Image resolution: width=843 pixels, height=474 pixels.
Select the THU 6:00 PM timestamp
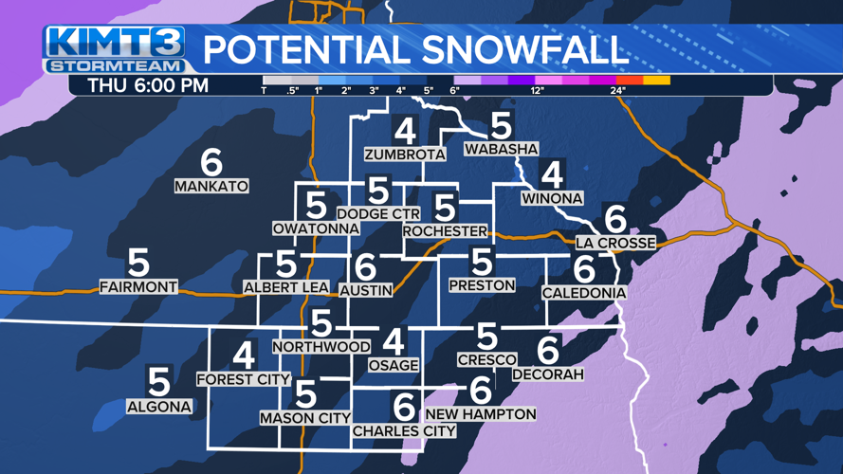[x=148, y=85]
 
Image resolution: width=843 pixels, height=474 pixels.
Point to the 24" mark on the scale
[x=617, y=91]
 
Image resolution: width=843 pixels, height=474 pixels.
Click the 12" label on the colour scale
[x=537, y=91]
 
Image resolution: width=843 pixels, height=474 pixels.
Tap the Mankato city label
[x=211, y=187]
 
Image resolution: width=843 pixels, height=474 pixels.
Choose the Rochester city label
[x=445, y=230]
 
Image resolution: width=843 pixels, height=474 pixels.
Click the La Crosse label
[x=615, y=243]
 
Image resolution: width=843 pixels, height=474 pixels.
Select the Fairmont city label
[x=138, y=286]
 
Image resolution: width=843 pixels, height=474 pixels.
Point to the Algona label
[x=159, y=407]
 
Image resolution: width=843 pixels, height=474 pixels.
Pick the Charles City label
[x=404, y=431]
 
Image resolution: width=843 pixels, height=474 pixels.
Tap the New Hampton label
[x=481, y=414]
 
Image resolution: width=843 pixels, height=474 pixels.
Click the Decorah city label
[x=548, y=374]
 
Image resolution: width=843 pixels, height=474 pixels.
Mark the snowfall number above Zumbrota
[x=405, y=131]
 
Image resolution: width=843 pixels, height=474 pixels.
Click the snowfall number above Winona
[x=552, y=174]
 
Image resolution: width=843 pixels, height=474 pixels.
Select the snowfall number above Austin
[x=365, y=268]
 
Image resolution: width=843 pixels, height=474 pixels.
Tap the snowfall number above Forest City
[x=244, y=356]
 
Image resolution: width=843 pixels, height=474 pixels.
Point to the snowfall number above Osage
[x=393, y=342]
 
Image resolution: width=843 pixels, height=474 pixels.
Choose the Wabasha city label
[x=501, y=149]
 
